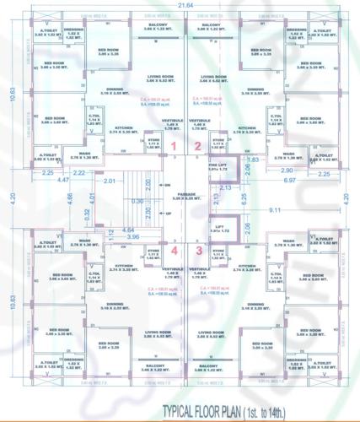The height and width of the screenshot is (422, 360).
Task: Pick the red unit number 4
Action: point(173,250)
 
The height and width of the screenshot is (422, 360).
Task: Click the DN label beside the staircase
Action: point(168,184)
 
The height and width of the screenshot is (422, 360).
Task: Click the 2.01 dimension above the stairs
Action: point(109,181)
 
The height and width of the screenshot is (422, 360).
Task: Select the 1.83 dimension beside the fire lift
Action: point(253,160)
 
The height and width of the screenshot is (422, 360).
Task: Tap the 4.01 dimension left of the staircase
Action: point(92,200)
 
